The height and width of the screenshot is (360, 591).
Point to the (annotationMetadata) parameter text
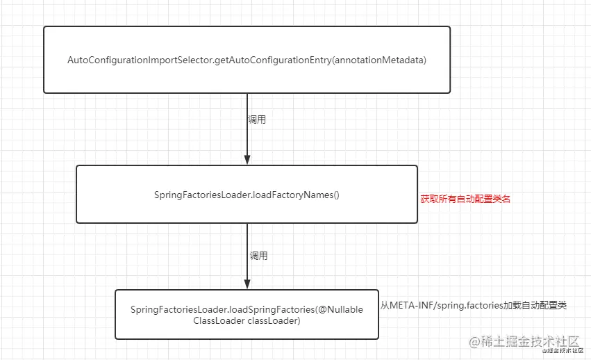[378, 60]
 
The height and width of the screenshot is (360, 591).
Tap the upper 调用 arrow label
[256, 120]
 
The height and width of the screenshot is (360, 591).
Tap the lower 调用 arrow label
[258, 256]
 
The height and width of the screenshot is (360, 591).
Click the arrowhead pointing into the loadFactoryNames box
[247, 159]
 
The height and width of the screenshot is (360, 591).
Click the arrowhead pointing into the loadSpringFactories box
[247, 284]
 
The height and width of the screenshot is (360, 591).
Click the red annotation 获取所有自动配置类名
[465, 199]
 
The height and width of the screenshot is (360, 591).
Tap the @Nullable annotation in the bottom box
[340, 309]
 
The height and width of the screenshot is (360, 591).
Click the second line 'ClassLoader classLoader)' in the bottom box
[247, 321]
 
